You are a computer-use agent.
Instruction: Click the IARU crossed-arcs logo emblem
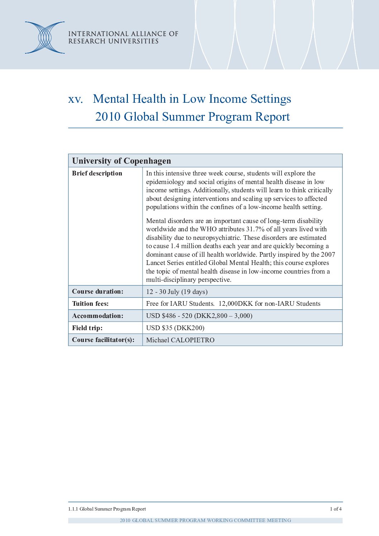point(45,38)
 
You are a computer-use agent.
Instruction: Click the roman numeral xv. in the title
point(75,99)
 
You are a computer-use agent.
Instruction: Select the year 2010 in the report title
point(107,117)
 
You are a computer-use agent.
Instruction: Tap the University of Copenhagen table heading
point(121,161)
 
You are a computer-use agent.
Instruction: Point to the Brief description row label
point(97,173)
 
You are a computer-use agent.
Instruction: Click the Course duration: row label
point(97,291)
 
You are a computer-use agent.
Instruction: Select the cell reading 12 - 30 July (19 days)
point(177,292)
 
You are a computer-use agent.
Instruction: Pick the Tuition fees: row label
point(90,304)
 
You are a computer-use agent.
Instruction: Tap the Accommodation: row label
point(97,316)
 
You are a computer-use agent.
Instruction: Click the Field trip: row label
point(87,328)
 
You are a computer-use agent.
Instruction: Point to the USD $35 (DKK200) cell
point(175,328)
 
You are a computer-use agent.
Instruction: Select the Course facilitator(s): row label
point(103,340)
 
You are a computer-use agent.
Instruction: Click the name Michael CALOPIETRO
point(180,340)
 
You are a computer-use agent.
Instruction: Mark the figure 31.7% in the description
point(255,229)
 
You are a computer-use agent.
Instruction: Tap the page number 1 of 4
point(336,509)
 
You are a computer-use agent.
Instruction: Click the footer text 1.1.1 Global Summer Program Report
point(107,509)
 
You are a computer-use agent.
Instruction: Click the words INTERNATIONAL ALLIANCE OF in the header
point(123,34)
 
